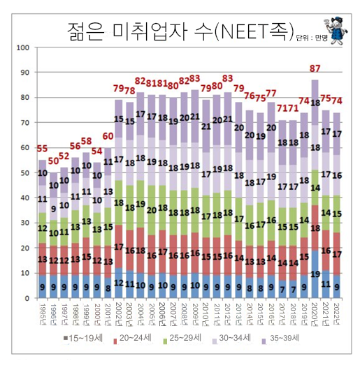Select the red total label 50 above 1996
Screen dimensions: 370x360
pyautogui.click(x=54, y=161)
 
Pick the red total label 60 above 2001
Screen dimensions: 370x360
pyautogui.click(x=108, y=136)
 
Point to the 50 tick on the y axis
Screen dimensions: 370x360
pyautogui.click(x=23, y=173)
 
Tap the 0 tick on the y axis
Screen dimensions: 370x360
pyautogui.click(x=26, y=299)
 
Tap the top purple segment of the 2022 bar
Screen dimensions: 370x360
pyautogui.click(x=337, y=133)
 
